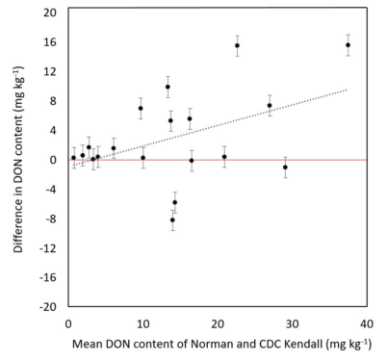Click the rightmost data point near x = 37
[348, 45]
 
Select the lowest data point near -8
[172, 220]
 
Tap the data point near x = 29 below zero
[285, 167]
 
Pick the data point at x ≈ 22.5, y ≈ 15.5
[237, 45]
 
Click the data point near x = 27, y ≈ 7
[270, 106]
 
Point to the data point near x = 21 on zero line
[224, 157]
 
